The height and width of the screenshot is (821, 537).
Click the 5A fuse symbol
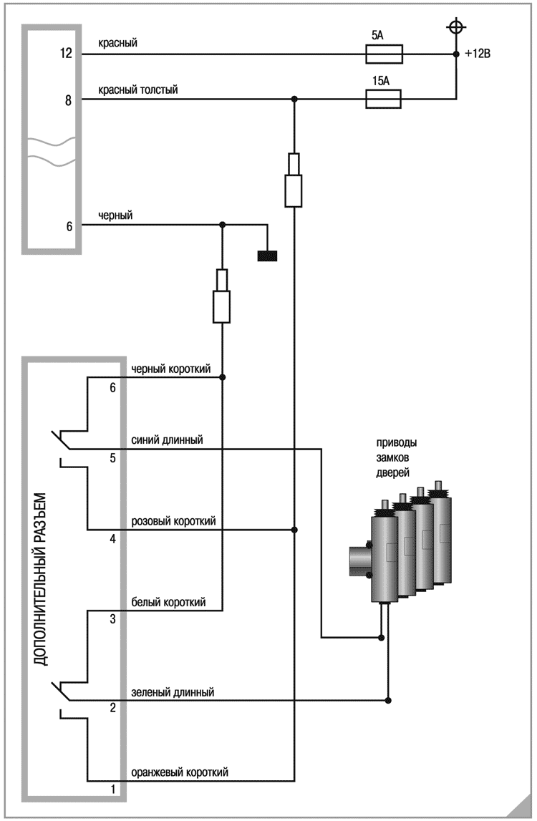[x=383, y=54]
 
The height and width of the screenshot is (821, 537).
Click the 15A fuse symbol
[x=383, y=99]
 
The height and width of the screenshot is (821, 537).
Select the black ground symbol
[x=267, y=254]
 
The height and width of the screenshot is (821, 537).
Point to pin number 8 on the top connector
[x=69, y=101]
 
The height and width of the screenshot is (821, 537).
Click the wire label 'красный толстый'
[x=138, y=89]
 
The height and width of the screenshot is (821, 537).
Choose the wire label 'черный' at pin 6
[x=115, y=215]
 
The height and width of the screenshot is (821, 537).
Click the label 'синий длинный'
[x=166, y=439]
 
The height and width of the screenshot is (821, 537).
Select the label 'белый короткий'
[x=168, y=603]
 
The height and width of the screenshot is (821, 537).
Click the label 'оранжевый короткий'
[x=179, y=773]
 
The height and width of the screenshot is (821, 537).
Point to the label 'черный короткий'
[x=170, y=369]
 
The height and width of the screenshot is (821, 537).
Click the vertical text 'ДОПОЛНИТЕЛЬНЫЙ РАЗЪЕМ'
[x=41, y=578]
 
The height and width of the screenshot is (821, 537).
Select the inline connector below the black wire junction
[x=222, y=296]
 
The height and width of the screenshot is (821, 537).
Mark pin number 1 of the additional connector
[x=112, y=790]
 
